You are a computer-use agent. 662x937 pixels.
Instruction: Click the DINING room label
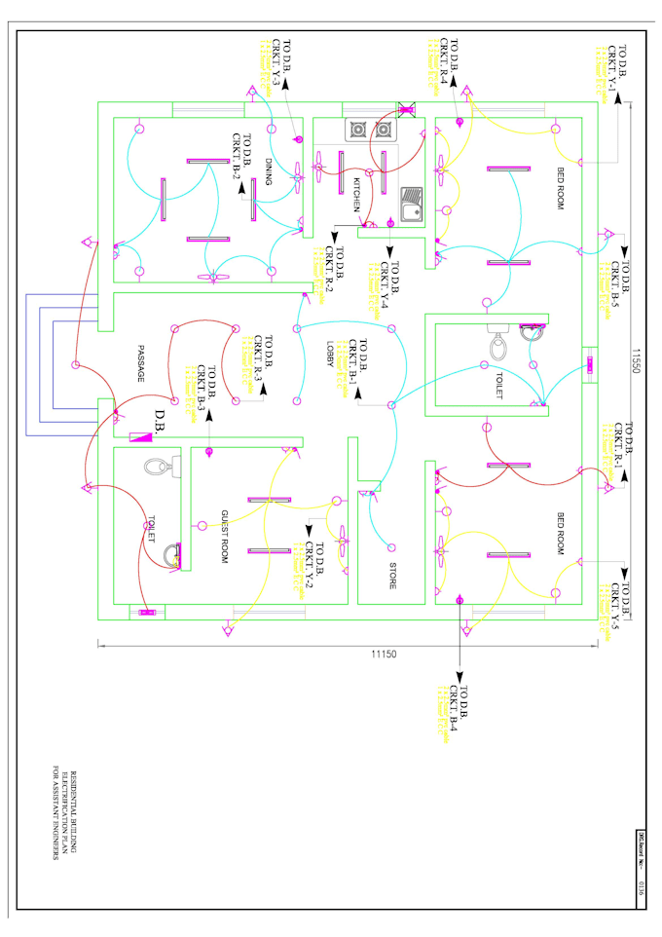click(x=269, y=174)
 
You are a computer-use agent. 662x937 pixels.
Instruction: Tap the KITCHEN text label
click(x=356, y=195)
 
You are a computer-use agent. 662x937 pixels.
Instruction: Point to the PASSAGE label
click(x=139, y=364)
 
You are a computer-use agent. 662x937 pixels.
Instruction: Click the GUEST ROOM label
click(x=223, y=536)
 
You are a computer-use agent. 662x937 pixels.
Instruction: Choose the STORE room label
click(x=392, y=575)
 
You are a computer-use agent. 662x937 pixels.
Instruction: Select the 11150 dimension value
click(x=384, y=654)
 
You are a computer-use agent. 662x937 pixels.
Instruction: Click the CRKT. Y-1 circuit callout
click(x=611, y=68)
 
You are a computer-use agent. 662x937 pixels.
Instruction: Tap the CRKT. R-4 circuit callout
click(x=443, y=62)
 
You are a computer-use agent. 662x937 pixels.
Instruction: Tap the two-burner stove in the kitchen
click(x=370, y=129)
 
